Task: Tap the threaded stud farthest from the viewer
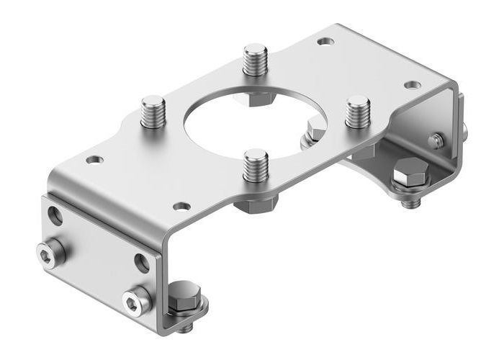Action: (x=255, y=60)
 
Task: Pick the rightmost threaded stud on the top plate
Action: (x=357, y=112)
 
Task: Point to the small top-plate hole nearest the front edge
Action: (x=182, y=207)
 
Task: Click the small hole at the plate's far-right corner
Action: (x=411, y=85)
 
